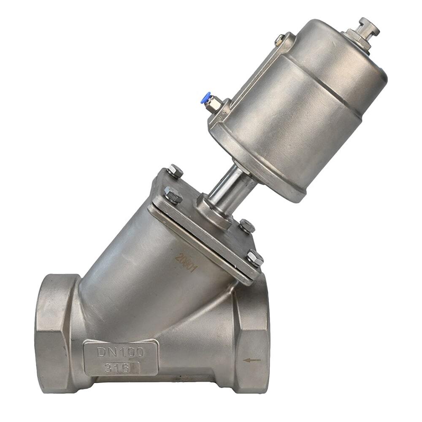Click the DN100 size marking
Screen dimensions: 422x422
pos(121,352)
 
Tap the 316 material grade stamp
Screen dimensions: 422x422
pos(117,368)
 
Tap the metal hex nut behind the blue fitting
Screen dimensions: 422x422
pos(214,104)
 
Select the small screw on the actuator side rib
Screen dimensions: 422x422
pos(279,40)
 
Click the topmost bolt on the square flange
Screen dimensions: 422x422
pos(175,171)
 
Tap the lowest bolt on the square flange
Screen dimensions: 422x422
pos(255,258)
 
